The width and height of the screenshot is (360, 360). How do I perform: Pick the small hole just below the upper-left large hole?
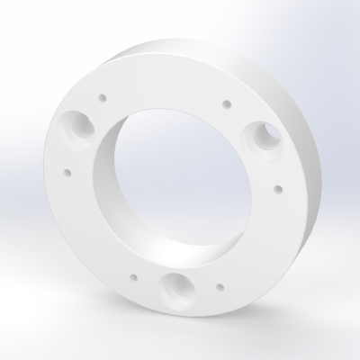[x=67, y=167]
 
